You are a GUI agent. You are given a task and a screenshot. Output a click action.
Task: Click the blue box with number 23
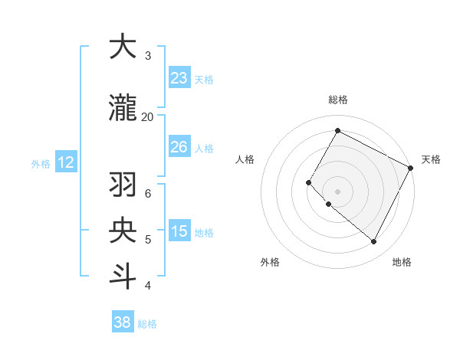click(179, 78)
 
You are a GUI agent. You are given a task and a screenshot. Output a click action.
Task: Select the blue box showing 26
click(179, 147)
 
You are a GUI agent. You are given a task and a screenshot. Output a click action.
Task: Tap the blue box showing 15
click(179, 231)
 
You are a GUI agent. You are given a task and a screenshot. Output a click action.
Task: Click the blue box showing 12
click(65, 162)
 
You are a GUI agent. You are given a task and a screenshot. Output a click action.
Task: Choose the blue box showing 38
click(122, 322)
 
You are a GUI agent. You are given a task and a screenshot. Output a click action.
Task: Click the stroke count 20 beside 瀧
click(147, 116)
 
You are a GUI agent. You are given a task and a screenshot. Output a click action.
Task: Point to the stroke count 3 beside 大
click(148, 56)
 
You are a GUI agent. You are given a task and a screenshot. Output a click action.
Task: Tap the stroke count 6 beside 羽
click(148, 193)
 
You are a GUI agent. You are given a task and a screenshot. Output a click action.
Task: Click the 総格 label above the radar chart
click(337, 100)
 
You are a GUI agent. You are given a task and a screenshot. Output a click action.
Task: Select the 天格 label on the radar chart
click(431, 159)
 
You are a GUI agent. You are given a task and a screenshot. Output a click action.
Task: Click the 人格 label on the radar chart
click(245, 159)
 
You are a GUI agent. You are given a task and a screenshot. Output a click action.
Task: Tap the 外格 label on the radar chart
click(270, 262)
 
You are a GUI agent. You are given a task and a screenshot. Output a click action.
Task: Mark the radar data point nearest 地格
click(374, 242)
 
